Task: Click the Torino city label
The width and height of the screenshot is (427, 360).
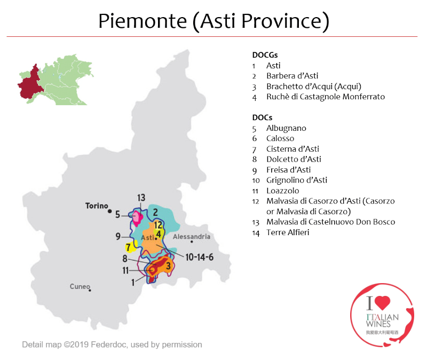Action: click(97, 206)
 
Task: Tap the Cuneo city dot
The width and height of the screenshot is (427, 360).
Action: click(90, 291)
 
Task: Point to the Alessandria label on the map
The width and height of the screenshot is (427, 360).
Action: click(192, 237)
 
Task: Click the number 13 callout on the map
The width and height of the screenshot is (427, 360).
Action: click(141, 198)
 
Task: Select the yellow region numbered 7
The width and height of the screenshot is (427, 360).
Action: click(130, 246)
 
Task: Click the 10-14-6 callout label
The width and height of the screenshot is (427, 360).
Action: click(199, 257)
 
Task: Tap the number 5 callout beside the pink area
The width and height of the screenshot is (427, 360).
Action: click(117, 214)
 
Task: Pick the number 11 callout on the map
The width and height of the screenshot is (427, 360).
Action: click(125, 270)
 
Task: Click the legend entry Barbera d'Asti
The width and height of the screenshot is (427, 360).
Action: click(292, 76)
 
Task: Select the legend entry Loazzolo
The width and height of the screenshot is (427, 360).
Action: click(283, 191)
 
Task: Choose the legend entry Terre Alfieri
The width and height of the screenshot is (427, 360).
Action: click(288, 232)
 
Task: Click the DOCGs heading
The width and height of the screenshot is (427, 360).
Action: click(265, 55)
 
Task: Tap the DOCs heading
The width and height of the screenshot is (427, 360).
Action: click(262, 118)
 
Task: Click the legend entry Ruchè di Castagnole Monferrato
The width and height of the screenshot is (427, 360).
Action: click(326, 97)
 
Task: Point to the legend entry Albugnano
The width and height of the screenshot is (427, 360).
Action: click(286, 128)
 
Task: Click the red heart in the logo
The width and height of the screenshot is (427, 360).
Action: click(382, 302)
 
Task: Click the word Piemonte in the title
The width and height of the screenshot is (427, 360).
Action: click(143, 21)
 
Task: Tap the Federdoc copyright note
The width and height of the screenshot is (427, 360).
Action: click(112, 345)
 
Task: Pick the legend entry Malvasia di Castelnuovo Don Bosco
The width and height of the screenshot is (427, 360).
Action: click(331, 222)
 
